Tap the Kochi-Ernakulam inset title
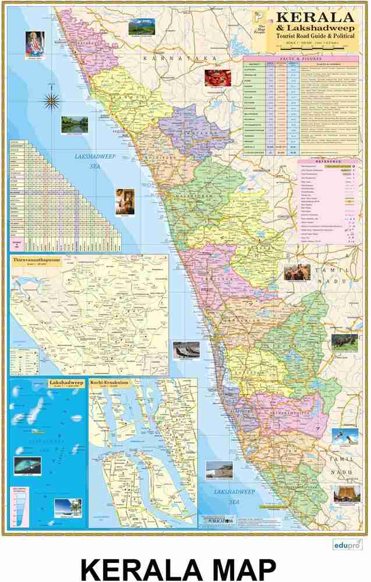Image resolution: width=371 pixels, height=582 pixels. (x=109, y=383)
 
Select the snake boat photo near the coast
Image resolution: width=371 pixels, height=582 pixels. (x=186, y=349)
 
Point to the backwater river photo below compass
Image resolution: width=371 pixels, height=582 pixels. (x=74, y=124)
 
